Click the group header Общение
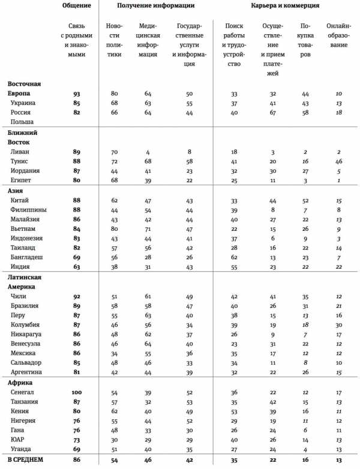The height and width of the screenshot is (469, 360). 77,5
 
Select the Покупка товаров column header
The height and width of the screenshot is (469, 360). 307,41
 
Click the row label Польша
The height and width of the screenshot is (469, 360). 21,122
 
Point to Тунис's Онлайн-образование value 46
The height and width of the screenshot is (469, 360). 339,161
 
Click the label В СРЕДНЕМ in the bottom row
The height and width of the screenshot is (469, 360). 28,461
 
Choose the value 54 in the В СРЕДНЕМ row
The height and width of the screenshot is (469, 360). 114,461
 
